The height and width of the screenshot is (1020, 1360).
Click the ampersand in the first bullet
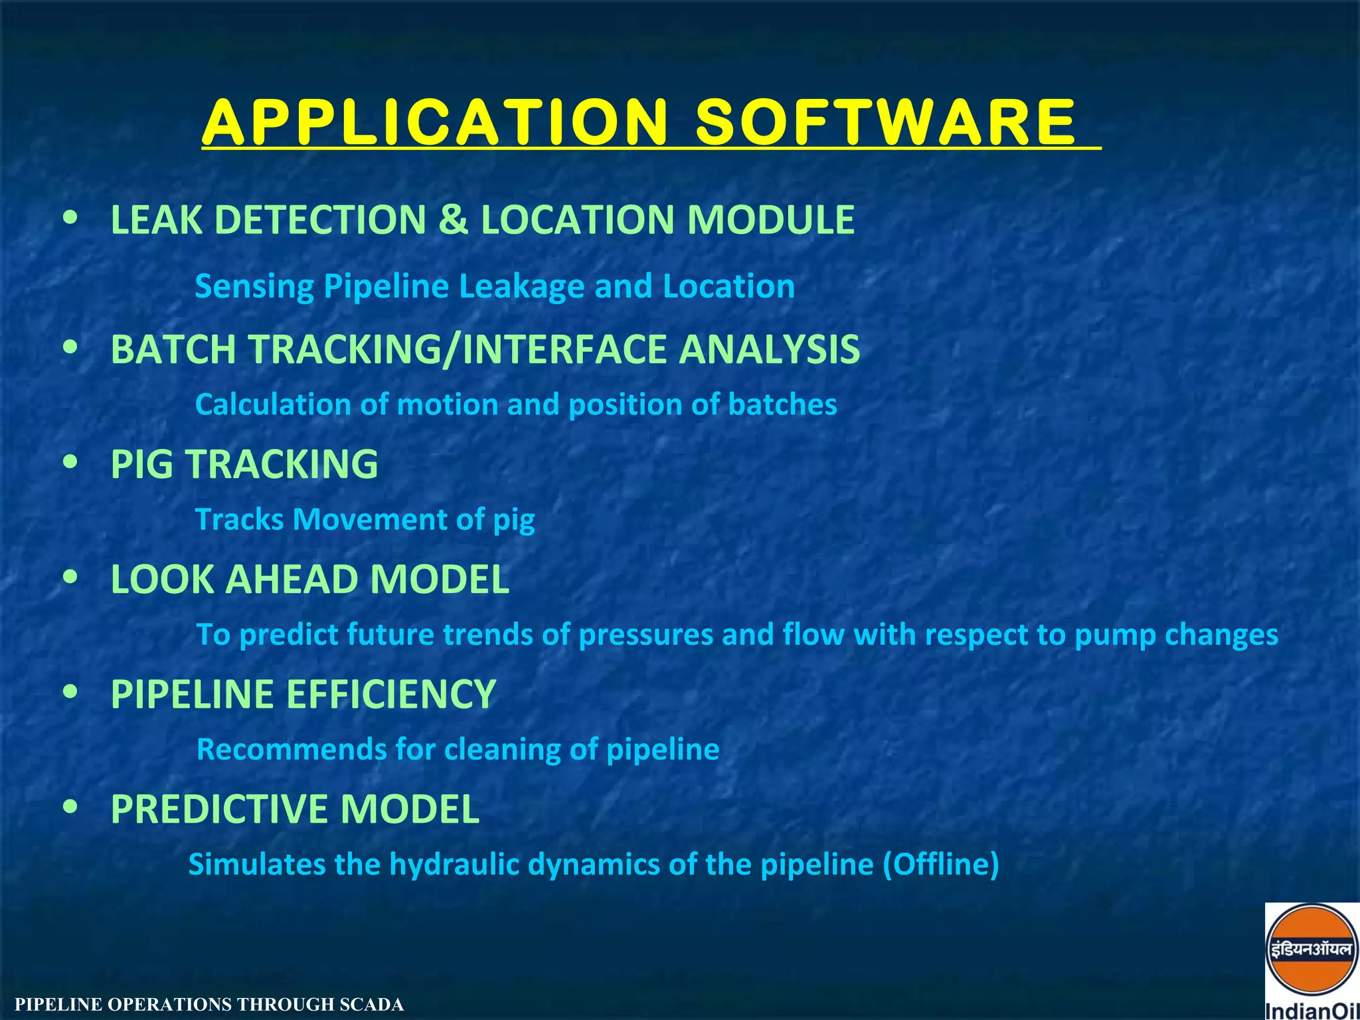pos(453,220)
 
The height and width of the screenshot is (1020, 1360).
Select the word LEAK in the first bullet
pos(156,220)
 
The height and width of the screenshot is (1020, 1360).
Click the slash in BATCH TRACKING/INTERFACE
pos(452,350)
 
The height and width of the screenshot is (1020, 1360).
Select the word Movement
pos(370,519)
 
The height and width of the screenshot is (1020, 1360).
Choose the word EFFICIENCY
pos(391,695)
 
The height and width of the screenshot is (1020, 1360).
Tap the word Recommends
pos(291,750)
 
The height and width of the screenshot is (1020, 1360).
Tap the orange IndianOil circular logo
pos(1311,950)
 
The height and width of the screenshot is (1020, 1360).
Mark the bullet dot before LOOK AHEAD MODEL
pos(70,577)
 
